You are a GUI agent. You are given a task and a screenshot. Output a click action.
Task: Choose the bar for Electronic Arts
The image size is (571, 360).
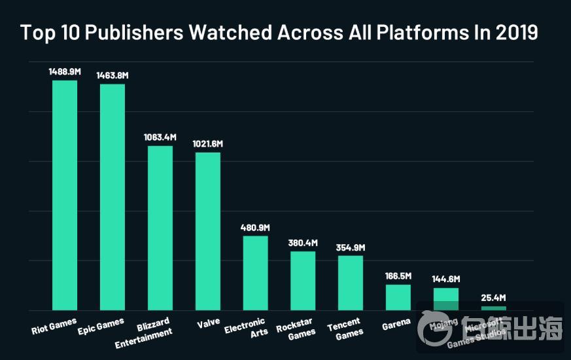click(255, 273)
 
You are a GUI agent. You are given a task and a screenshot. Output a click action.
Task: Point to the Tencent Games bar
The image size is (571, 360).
click(351, 283)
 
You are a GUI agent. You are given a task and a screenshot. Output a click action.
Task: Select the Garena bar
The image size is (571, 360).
click(398, 297)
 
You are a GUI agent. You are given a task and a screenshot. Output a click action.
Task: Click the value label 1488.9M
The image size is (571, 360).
click(65, 71)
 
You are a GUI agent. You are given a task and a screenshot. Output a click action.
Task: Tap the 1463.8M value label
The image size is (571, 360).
click(112, 75)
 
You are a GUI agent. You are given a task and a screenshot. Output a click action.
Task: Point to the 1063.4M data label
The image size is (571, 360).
click(160, 137)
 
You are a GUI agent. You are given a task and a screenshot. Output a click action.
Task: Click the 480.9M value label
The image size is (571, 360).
click(255, 227)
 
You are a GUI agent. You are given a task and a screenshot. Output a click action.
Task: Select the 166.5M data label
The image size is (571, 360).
click(398, 276)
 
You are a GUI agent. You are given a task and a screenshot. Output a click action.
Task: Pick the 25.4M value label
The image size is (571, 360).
click(493, 298)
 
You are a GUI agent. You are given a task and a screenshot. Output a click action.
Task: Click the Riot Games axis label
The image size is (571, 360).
click(54, 326)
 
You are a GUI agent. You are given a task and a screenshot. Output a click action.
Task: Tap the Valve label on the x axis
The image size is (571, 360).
click(207, 324)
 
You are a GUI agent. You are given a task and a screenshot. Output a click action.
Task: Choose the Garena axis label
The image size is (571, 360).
click(396, 323)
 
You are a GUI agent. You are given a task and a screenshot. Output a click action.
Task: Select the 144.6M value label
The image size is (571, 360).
click(445, 279)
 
